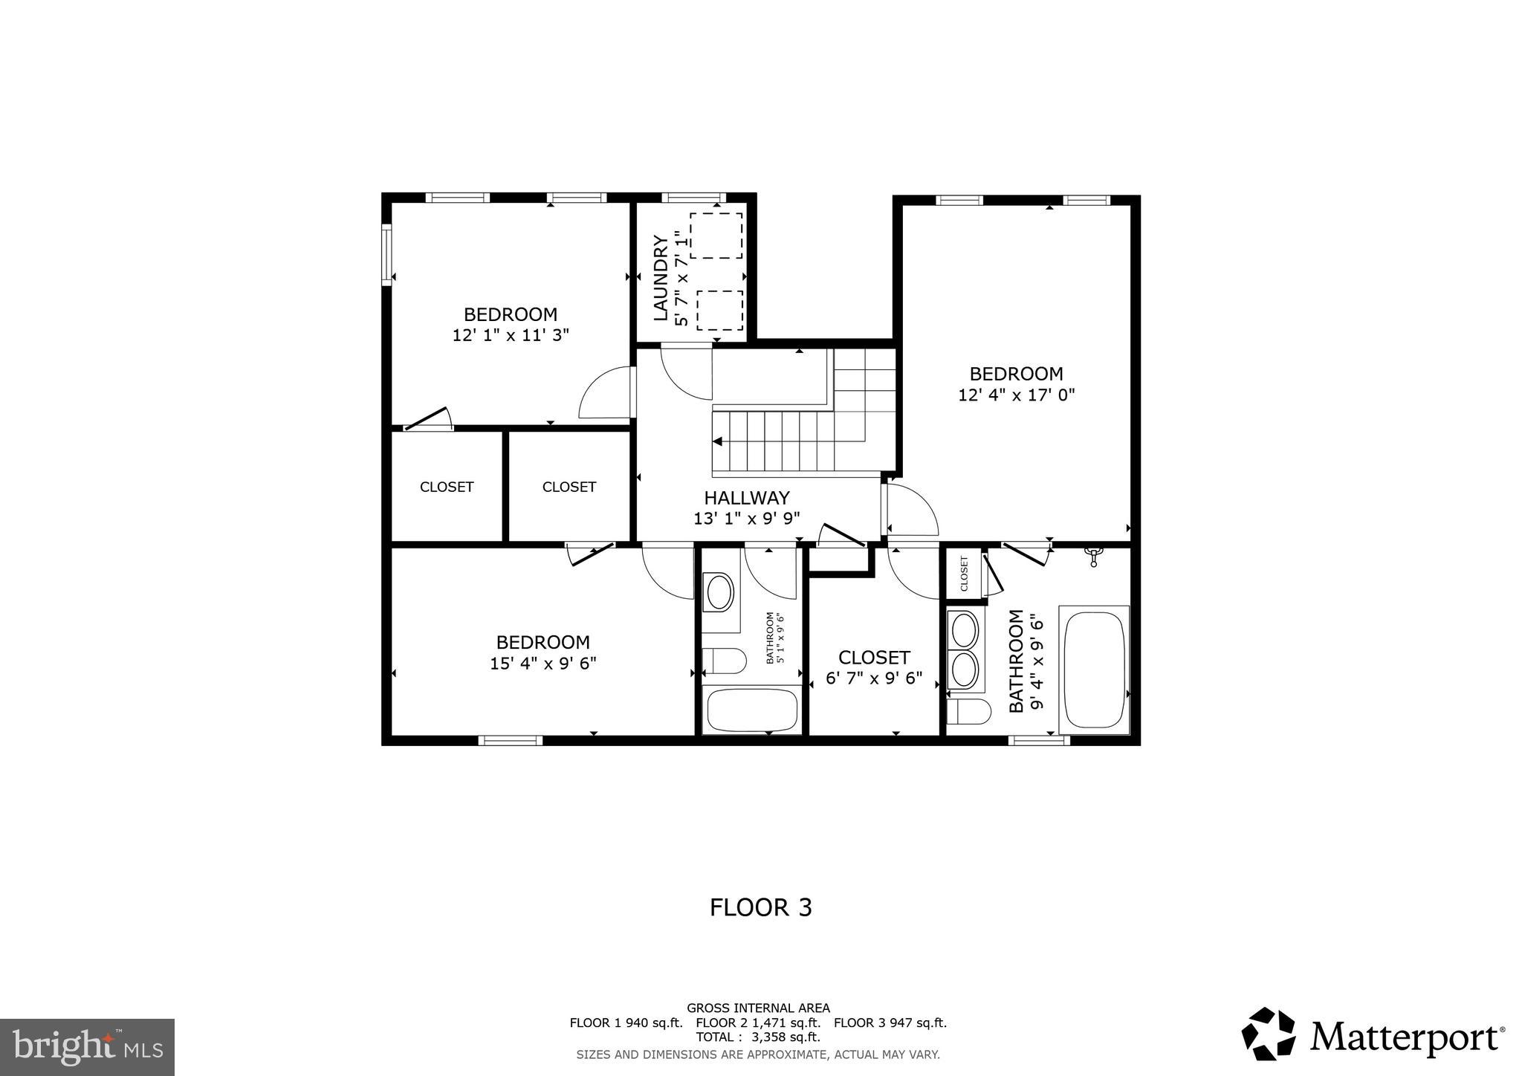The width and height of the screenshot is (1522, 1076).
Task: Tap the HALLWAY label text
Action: (746, 498)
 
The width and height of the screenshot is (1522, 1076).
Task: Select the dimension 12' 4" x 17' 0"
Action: (1016, 395)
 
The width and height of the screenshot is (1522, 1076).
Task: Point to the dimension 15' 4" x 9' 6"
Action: (543, 663)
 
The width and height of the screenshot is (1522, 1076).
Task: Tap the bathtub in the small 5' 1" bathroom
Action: (751, 710)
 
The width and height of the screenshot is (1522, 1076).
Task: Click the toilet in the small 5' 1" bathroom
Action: (724, 660)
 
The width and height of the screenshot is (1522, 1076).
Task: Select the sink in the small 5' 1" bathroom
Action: (719, 593)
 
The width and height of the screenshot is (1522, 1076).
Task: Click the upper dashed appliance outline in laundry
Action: (716, 236)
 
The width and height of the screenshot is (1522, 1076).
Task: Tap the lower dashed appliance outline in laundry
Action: (719, 310)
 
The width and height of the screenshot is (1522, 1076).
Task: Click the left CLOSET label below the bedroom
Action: (447, 487)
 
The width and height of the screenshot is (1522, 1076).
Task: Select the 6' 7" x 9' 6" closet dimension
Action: (874, 678)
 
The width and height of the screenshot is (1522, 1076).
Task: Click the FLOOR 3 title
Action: (760, 907)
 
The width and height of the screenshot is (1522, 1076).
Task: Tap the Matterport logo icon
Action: (1269, 1034)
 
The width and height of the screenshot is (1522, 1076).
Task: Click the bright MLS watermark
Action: (87, 1047)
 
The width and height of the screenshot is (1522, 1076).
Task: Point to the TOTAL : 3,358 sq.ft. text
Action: (757, 1037)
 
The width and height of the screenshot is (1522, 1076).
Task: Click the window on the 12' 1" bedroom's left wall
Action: (386, 254)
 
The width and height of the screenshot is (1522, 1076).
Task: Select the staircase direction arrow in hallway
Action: (718, 441)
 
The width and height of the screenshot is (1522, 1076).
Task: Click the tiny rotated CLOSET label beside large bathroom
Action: (964, 574)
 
